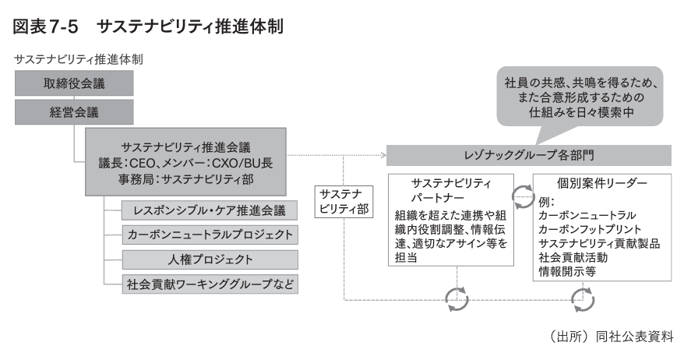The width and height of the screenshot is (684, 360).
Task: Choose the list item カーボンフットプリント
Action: tap(589, 228)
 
